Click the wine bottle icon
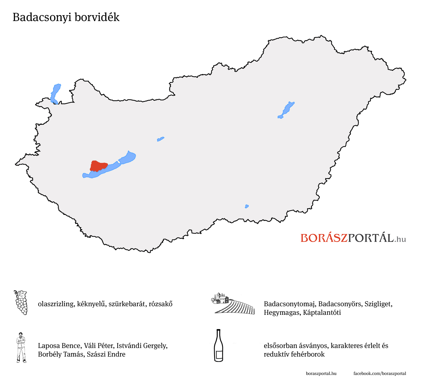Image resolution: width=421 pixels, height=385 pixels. point(219,346)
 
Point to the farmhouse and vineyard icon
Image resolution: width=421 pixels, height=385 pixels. point(233,304)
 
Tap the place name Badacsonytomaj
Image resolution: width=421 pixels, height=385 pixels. point(289,304)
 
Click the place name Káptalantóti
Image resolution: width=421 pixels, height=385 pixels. point(322,313)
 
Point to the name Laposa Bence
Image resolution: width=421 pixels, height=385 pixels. point(59,346)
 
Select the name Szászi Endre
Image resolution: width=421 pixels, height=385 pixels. point(106,354)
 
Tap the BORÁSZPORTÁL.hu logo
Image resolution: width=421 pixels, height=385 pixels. point(353,238)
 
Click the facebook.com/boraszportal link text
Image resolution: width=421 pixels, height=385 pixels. point(379,373)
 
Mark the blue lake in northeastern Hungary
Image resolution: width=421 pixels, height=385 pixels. point(286,110)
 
